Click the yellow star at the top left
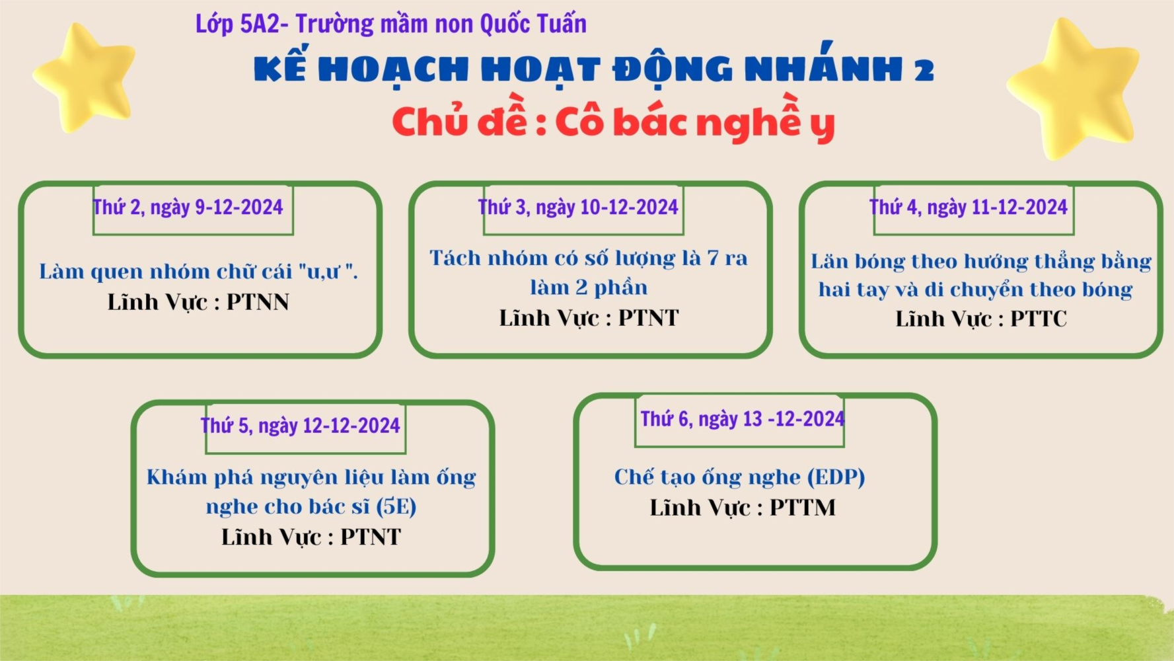85,78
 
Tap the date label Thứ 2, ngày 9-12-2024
188,208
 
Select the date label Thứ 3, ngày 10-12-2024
578,208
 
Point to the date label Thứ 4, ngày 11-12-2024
969,208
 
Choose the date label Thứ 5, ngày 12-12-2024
301,426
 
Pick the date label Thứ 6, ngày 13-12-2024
743,419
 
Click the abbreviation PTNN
258,302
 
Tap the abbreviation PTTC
1039,319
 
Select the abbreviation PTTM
803,508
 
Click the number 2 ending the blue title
924,69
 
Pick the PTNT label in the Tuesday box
648,318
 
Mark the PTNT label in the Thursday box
371,537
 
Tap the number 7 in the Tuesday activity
713,258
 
